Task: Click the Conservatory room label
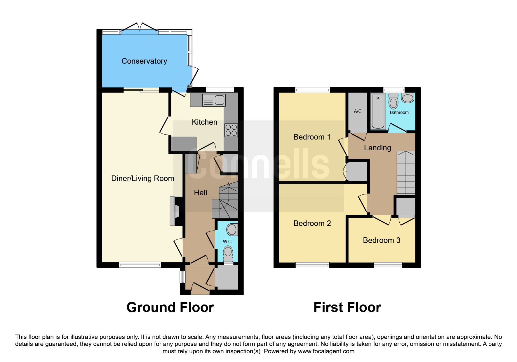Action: pyautogui.click(x=144, y=61)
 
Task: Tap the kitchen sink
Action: pyautogui.click(x=214, y=100)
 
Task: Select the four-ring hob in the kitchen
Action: pyautogui.click(x=231, y=130)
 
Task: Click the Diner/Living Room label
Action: pyautogui.click(x=142, y=178)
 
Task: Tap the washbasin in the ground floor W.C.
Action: pyautogui.click(x=232, y=229)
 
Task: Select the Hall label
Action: pyautogui.click(x=201, y=193)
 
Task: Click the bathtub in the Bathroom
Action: pyautogui.click(x=378, y=111)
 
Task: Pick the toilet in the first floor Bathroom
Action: pyautogui.click(x=394, y=101)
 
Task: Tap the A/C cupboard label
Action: pyautogui.click(x=358, y=111)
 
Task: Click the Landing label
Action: pyautogui.click(x=377, y=148)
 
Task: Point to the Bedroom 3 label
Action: pyautogui.click(x=382, y=240)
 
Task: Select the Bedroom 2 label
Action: pyautogui.click(x=312, y=223)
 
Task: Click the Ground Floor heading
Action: pyautogui.click(x=170, y=307)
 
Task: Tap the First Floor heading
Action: pyautogui.click(x=347, y=307)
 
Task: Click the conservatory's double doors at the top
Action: pyautogui.click(x=140, y=29)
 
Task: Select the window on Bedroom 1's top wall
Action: pyautogui.click(x=313, y=90)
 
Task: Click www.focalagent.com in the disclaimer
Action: pyautogui.click(x=326, y=351)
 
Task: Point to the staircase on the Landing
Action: pyautogui.click(x=406, y=173)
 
